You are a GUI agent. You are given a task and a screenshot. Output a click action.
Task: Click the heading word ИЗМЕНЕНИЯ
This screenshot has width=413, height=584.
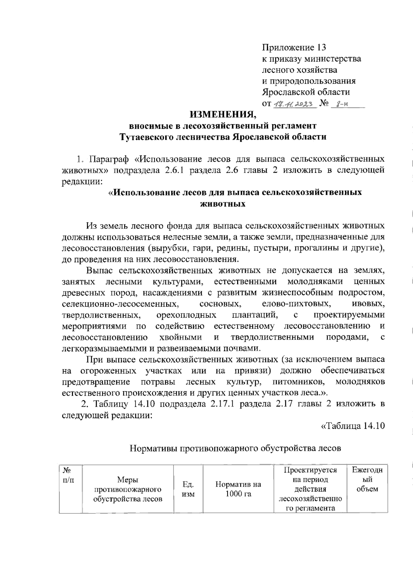click(x=224, y=114)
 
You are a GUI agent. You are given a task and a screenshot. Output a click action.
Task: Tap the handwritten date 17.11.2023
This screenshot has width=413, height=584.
click(x=295, y=104)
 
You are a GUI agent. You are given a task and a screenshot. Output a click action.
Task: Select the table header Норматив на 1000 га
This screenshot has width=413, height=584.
click(x=238, y=489)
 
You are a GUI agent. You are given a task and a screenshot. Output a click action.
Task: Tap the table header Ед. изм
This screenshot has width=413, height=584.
click(x=188, y=489)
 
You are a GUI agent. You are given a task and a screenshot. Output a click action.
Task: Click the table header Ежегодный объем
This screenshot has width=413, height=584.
click(x=367, y=480)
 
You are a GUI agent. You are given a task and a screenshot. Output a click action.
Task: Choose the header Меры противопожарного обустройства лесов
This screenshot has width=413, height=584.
click(x=128, y=489)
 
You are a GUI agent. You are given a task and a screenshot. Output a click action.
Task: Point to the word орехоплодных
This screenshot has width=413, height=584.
click(x=186, y=315)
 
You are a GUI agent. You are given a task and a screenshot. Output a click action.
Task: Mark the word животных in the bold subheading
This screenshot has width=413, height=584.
click(x=223, y=204)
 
